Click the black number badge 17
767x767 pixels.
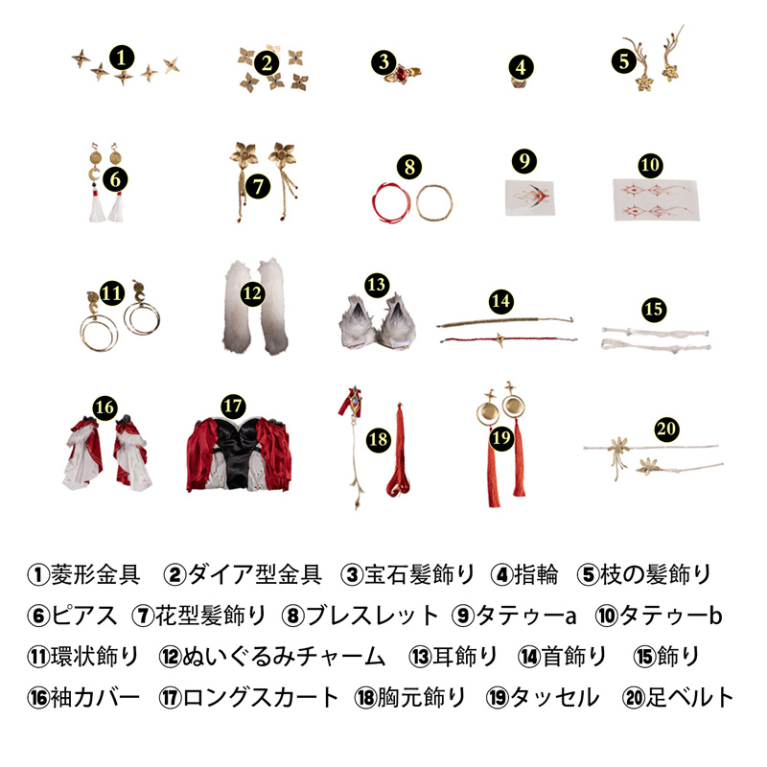[233, 406]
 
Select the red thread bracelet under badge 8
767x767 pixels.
[391, 202]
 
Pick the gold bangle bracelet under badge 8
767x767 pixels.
[434, 202]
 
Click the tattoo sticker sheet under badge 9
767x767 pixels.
[530, 198]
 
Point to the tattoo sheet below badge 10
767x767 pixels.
[656, 199]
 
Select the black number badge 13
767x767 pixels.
[376, 285]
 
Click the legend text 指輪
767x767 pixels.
[536, 574]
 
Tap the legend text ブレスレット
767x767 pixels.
[372, 616]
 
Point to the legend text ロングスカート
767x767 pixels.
[260, 698]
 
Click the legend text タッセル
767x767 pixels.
[555, 698]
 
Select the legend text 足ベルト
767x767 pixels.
[689, 698]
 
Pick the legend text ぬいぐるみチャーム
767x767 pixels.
[284, 657]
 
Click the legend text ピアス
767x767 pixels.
[84, 616]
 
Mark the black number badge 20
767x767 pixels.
[666, 429]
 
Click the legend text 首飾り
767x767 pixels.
[574, 657]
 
